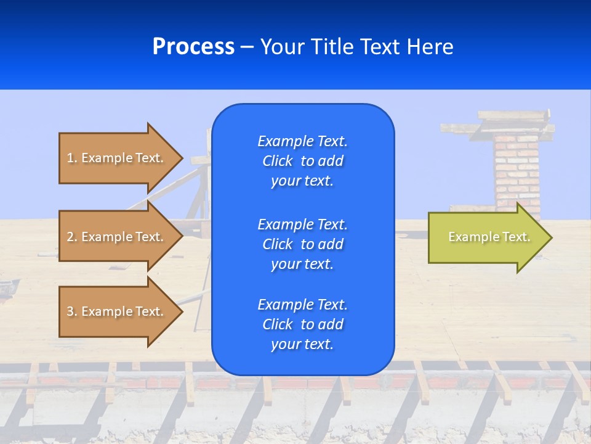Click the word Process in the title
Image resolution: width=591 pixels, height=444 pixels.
pos(193,47)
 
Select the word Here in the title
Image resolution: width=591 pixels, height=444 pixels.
pos(430,47)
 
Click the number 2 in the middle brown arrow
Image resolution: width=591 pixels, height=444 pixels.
pos(71,237)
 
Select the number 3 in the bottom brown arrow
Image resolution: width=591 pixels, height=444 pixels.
pos(71,311)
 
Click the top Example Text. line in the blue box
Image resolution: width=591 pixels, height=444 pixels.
pos(302,141)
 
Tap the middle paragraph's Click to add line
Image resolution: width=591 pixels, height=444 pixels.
pos(302,244)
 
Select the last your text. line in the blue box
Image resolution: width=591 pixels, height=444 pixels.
pos(302,344)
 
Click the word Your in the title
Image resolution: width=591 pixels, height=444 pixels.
pos(282,47)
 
